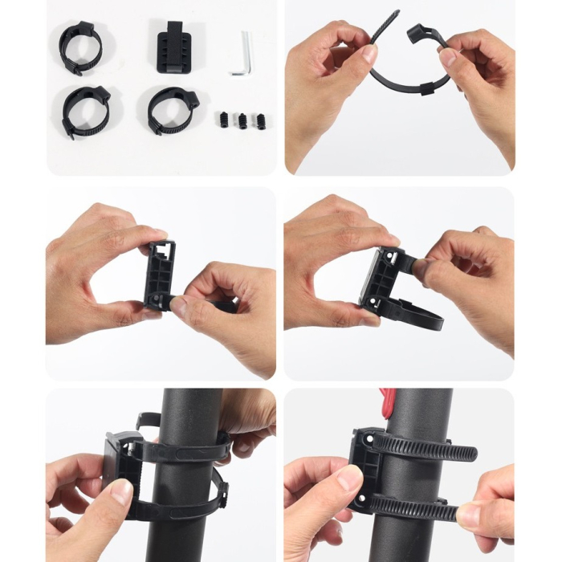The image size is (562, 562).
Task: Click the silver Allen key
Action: tap(244, 54)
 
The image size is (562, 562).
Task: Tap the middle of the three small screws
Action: tap(242, 120)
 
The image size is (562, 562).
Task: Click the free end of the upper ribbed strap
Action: tap(470, 454)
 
